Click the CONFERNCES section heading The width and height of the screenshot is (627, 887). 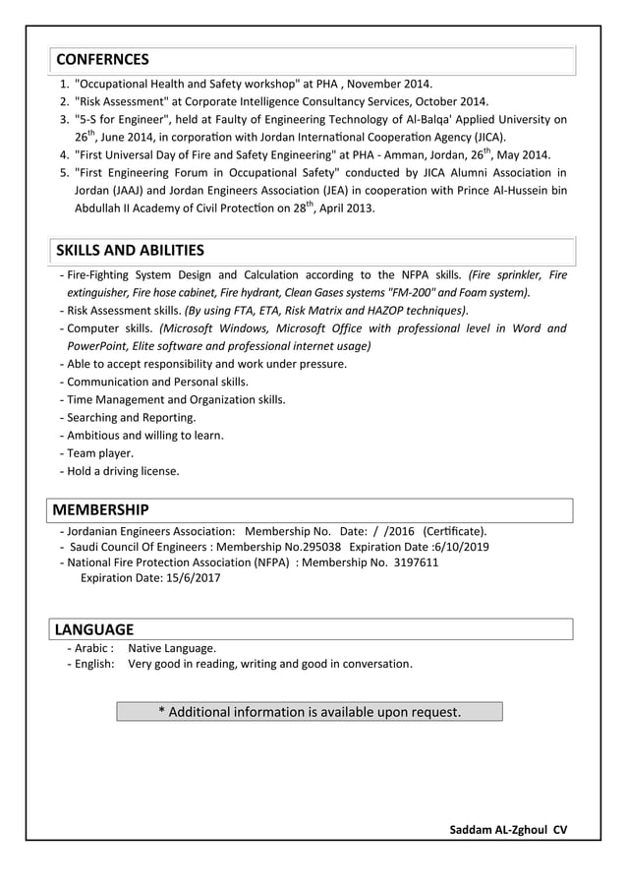102,59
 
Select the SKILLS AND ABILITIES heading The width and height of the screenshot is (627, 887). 130,250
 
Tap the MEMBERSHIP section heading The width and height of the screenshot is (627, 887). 100,509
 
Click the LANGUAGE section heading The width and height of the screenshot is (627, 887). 93,629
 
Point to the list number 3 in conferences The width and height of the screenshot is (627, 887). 64,119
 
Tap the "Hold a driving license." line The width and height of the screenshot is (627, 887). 123,471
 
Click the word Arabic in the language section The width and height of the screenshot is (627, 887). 94,648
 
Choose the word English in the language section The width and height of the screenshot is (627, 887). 95,664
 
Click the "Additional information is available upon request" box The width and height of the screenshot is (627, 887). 310,711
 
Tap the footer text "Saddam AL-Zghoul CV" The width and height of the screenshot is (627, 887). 508,829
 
